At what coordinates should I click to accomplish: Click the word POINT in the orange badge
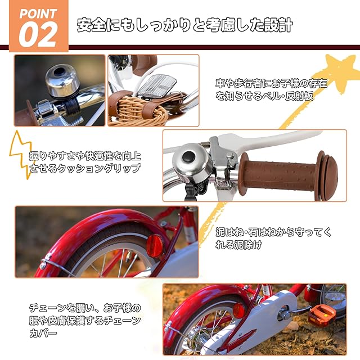tap(38, 13)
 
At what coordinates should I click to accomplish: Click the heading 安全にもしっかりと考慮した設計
tap(185, 25)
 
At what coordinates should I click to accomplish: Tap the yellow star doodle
tap(339, 71)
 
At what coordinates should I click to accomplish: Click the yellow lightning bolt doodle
tap(21, 154)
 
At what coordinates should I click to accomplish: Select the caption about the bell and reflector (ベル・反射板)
tap(271, 89)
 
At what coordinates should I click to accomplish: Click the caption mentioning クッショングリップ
tap(85, 162)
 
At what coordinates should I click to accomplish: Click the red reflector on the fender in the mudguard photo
tap(155, 246)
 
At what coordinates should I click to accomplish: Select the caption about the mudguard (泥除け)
tap(273, 238)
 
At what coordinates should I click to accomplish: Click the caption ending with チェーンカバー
tap(85, 320)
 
